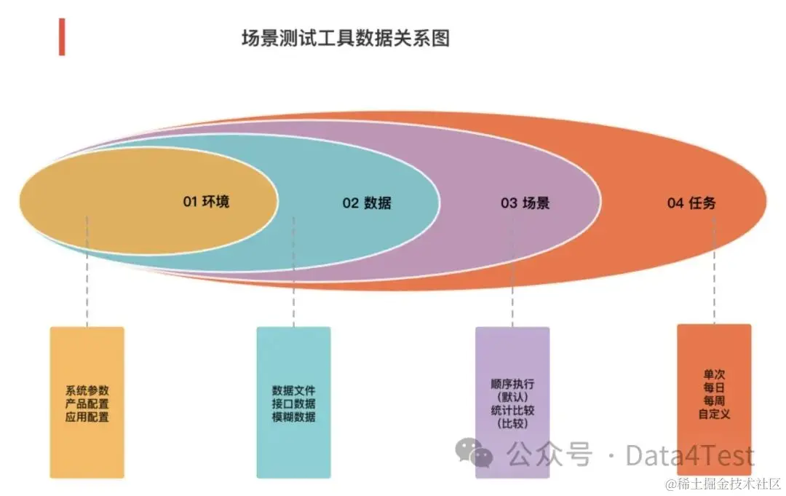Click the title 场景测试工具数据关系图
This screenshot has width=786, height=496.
click(346, 38)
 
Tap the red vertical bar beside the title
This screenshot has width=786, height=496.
click(63, 36)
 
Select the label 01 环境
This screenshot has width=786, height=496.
click(206, 201)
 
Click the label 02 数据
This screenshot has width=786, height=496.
click(367, 203)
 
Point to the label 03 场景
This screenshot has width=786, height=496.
click(525, 203)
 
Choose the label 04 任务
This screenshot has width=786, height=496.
click(691, 203)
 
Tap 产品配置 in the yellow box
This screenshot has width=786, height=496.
click(87, 404)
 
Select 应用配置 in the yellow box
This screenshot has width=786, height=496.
click(87, 417)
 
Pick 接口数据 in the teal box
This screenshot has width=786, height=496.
click(294, 404)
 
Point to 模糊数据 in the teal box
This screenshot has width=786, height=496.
click(294, 417)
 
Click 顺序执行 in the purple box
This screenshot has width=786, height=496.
click(512, 384)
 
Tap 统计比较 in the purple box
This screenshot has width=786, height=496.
click(512, 410)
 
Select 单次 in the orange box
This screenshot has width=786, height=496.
click(714, 375)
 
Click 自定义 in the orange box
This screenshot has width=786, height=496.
click(714, 414)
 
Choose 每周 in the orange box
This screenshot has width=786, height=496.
click(714, 401)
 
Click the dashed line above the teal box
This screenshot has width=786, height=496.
click(294, 291)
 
